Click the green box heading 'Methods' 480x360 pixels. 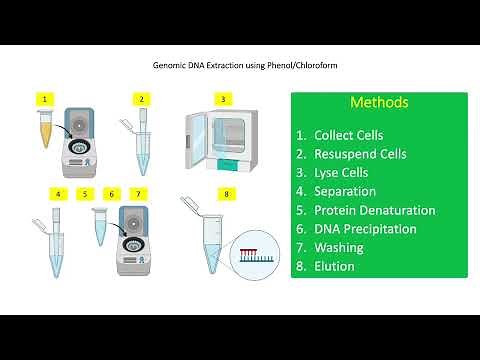point(379,103)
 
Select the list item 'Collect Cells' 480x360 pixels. point(348,134)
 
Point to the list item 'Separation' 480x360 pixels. point(345,191)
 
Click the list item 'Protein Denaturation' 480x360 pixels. point(374,210)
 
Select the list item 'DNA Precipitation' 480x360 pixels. point(365,229)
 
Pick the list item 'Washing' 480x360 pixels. point(339,248)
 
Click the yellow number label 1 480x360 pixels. point(43,99)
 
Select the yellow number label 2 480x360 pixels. point(142,99)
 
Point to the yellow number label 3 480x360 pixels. point(223,99)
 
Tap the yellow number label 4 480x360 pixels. point(59,192)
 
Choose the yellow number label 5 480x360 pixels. point(86,192)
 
